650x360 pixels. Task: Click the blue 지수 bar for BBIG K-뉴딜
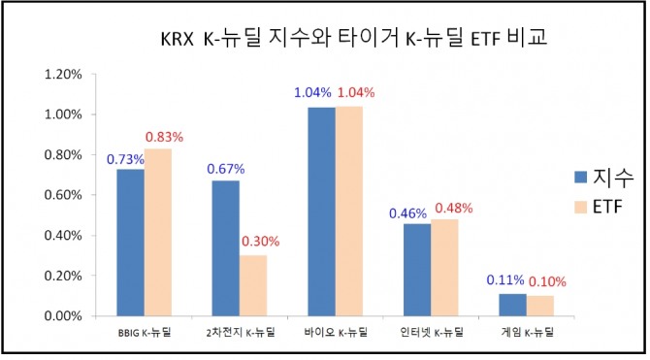pos(130,243)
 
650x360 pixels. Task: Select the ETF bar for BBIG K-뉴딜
pos(157,233)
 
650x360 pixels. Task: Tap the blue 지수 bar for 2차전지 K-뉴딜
pos(225,248)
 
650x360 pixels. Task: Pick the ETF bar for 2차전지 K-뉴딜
pos(252,285)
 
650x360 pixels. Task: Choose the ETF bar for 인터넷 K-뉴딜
pos(444,268)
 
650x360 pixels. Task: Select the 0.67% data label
pos(224,171)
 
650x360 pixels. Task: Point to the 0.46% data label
pos(416,213)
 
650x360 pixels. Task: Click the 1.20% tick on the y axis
pos(62,74)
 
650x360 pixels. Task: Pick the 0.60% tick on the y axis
pos(62,195)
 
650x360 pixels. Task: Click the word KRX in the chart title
pos(176,42)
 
